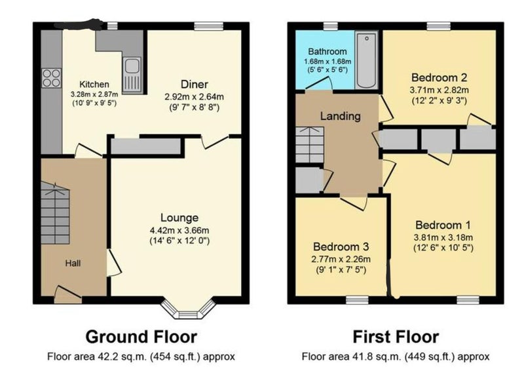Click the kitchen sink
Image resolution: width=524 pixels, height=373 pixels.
click(x=132, y=75)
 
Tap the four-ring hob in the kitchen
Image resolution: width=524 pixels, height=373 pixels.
click(x=52, y=78)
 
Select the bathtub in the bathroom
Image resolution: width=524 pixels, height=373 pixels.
click(x=367, y=60)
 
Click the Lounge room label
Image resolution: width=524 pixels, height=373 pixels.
click(x=179, y=218)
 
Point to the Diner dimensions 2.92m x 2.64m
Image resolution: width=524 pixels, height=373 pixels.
click(x=194, y=97)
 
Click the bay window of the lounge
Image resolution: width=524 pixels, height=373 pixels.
click(x=188, y=309)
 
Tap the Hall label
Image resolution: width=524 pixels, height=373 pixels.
click(x=73, y=264)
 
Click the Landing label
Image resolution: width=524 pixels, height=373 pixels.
click(x=341, y=116)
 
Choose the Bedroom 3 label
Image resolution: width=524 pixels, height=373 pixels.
click(x=341, y=247)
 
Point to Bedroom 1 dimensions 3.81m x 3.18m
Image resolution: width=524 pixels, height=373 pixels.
click(x=443, y=237)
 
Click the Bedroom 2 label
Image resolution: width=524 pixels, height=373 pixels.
click(x=439, y=77)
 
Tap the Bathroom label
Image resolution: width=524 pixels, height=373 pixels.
click(x=327, y=52)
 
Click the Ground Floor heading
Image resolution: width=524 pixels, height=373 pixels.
click(x=141, y=336)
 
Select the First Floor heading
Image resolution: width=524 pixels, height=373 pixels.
click(x=396, y=336)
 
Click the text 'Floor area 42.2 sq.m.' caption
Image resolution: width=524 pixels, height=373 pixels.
click(x=97, y=357)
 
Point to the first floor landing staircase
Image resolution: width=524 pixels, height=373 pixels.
click(x=310, y=145)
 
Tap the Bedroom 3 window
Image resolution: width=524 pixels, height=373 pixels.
click(x=357, y=300)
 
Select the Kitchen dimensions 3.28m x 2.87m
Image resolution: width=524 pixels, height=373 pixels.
click(x=94, y=94)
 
